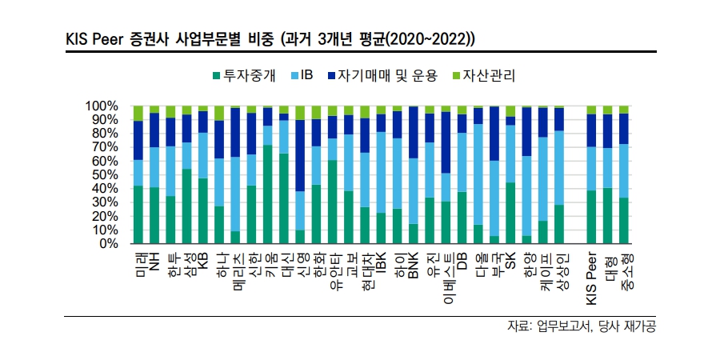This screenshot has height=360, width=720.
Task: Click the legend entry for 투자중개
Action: [248, 76]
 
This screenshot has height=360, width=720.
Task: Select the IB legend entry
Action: [313, 76]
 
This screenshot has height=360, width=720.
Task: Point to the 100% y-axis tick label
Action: [102, 106]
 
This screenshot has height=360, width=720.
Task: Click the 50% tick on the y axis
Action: [105, 175]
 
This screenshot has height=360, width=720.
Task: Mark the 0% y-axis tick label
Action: [108, 244]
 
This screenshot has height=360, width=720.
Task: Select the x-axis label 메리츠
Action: [236, 270]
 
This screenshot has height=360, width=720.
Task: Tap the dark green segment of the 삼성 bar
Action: [186, 206]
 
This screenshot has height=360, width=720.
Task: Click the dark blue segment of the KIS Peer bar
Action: [592, 130]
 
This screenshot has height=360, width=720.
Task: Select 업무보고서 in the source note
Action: [562, 326]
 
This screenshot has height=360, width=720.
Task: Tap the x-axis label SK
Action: [510, 261]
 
